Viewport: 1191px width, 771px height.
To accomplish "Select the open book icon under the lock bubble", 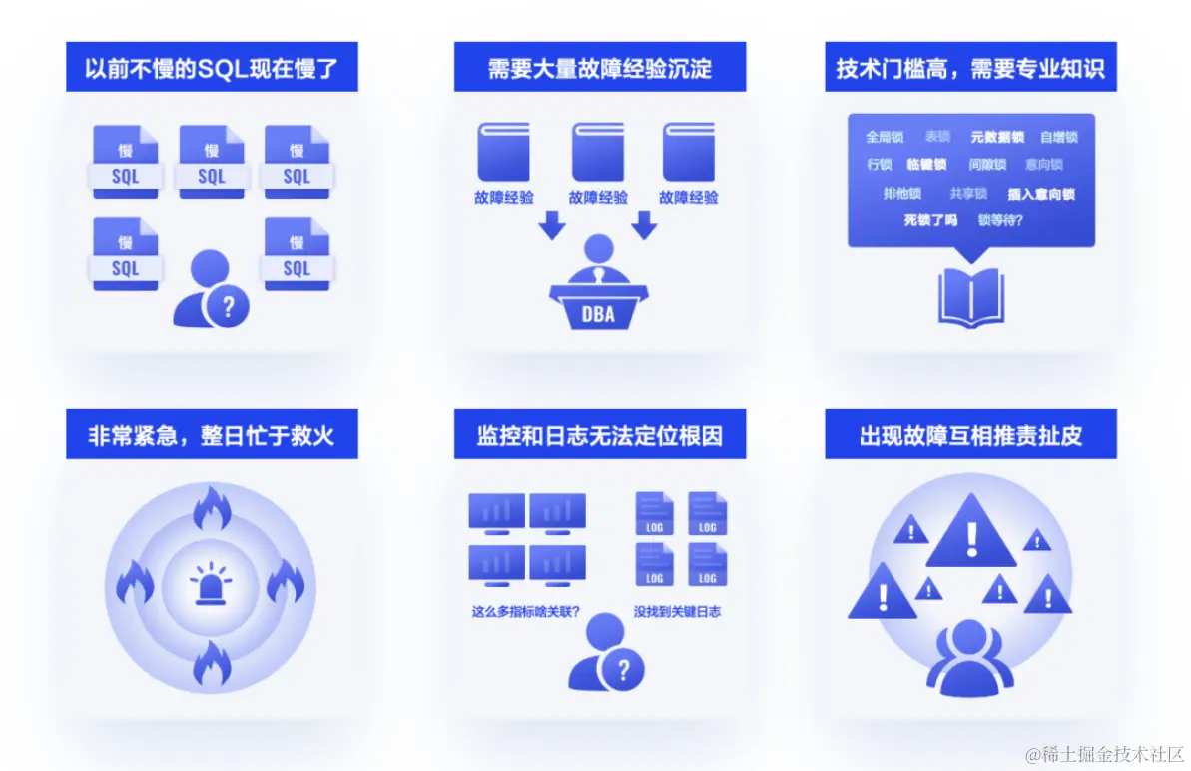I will [970, 296].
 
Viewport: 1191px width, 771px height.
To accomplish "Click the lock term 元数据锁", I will [997, 137].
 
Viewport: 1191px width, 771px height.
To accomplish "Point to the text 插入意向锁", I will [1041, 195].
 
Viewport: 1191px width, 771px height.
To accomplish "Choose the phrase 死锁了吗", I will [930, 220].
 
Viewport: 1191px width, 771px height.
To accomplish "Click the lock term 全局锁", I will [884, 137].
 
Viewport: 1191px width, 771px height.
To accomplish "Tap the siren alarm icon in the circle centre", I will [212, 584].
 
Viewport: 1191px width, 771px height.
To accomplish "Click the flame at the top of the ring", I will [212, 509].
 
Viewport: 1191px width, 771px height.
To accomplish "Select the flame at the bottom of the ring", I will [212, 662].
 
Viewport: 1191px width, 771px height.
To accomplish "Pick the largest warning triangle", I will [971, 534].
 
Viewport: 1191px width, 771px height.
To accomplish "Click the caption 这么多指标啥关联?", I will [526, 612].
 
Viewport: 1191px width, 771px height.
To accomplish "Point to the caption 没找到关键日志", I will [677, 612].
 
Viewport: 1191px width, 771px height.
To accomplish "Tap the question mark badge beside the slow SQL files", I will [228, 306].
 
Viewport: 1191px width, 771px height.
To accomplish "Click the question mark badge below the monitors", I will [624, 668].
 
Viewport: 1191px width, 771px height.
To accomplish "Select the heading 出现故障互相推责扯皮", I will [970, 436].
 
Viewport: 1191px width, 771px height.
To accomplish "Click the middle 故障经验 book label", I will [598, 198].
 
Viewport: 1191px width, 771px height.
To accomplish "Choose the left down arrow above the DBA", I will [551, 226].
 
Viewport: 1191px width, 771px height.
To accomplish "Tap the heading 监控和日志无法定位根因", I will [599, 436].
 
